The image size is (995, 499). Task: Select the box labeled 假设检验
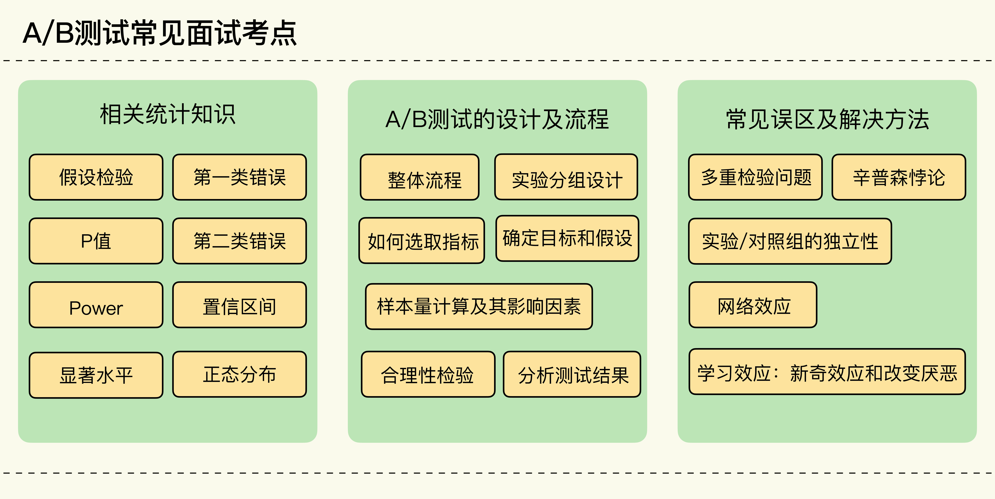click(96, 177)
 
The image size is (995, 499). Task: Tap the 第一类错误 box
click(239, 177)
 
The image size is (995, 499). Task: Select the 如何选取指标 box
click(422, 241)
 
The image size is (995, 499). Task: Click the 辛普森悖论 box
click(899, 177)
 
